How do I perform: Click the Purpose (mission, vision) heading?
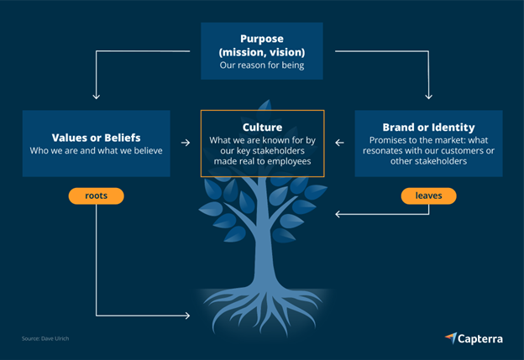[262, 45]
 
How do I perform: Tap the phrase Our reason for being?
[262, 65]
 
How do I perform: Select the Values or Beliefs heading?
[97, 138]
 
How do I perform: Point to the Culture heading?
[262, 128]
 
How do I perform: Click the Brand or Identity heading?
[428, 128]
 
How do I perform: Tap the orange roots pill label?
[97, 196]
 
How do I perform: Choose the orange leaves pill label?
[428, 196]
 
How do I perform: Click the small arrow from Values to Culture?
[186, 143]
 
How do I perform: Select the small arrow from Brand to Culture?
[339, 143]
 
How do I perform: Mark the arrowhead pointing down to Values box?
[97, 97]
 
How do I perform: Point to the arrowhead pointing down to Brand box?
[428, 97]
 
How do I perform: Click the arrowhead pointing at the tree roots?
[187, 316]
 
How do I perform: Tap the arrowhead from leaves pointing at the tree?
[338, 214]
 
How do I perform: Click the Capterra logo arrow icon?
[451, 337]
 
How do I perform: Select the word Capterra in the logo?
[480, 339]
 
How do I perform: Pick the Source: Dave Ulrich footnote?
[45, 338]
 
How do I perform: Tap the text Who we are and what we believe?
[97, 150]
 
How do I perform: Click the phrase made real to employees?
[262, 161]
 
